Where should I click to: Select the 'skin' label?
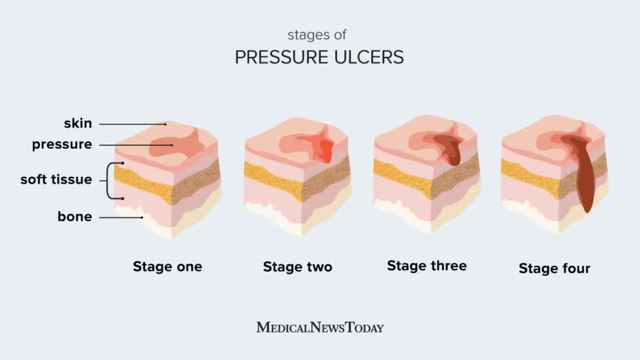pyautogui.click(x=77, y=123)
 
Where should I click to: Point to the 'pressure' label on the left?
pyautogui.click(x=62, y=144)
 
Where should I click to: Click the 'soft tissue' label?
pyautogui.click(x=56, y=179)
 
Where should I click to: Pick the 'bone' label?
pyautogui.click(x=75, y=217)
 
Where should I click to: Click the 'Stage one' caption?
pyautogui.click(x=167, y=267)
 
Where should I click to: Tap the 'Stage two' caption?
pyautogui.click(x=297, y=267)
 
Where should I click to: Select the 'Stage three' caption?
pyautogui.click(x=427, y=266)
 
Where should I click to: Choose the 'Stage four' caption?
pyautogui.click(x=554, y=269)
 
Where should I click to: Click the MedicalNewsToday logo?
pyautogui.click(x=320, y=327)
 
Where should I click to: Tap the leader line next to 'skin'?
pyautogui.click(x=131, y=124)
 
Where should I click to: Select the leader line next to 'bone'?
pyautogui.click(x=122, y=217)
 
